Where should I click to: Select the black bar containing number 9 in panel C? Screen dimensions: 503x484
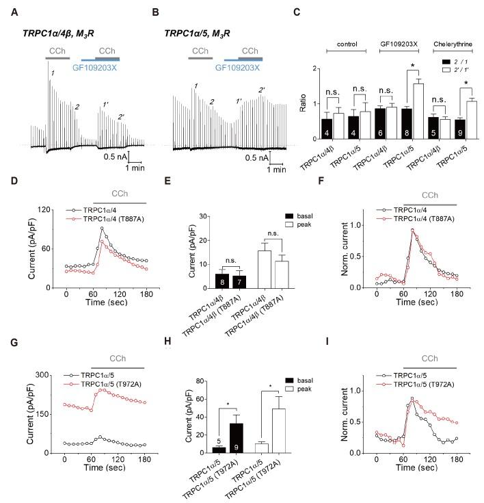point(425,129)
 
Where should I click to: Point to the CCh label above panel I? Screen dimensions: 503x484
point(429,358)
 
